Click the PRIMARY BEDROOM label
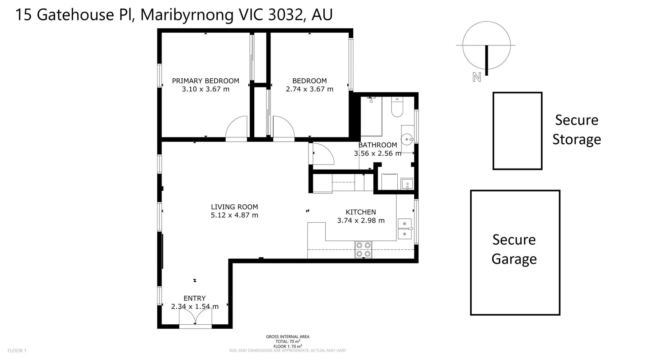coord(205,81)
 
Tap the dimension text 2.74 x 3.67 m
coord(309,89)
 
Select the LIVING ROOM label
coord(234,207)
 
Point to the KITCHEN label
coord(361,212)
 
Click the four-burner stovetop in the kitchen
coord(363,250)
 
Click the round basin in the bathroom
coord(407,139)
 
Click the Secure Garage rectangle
coord(515,252)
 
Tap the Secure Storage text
coord(576,130)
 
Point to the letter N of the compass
coord(476,77)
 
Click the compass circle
coord(486,45)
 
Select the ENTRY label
coord(194,298)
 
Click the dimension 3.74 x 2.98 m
coord(361,220)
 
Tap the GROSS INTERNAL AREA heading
coord(287,336)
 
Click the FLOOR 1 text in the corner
coord(17,351)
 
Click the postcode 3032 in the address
coord(286,14)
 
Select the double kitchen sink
coord(404,229)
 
